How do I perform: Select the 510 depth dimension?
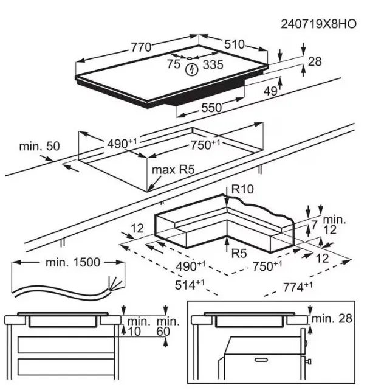234,44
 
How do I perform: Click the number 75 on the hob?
174,63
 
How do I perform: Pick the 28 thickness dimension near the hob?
315,61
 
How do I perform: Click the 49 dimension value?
270,91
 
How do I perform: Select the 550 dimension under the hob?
211,108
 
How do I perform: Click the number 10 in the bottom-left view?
134,331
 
